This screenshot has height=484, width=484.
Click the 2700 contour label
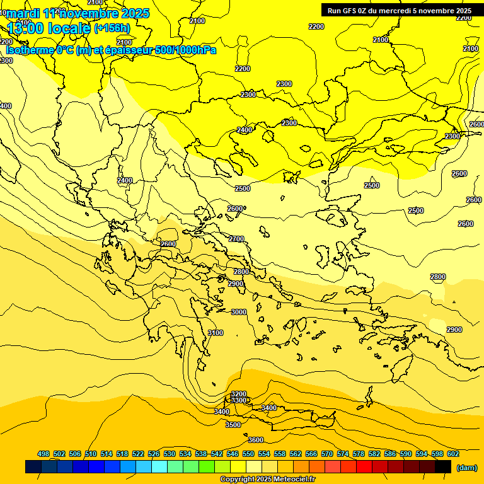[236, 239]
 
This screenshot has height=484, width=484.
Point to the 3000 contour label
[239, 312]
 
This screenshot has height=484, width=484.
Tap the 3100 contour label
[216, 333]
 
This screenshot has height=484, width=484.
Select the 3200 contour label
[239, 394]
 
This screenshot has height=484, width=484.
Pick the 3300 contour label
[239, 401]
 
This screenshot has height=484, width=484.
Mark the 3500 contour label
[233, 425]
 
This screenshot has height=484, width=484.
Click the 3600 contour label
[256, 440]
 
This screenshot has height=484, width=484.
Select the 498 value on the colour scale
[43, 454]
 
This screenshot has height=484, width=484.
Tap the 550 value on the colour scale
[248, 454]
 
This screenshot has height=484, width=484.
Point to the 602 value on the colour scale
[453, 454]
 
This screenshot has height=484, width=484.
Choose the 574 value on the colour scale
[343, 454]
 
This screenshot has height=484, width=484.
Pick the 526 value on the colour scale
[154, 454]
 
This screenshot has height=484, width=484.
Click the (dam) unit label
[466, 468]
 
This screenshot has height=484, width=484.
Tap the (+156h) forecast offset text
[112, 28]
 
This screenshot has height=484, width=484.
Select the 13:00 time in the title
[30, 28]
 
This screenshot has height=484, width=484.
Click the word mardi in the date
[23, 13]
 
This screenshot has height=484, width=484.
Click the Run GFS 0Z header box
[399, 10]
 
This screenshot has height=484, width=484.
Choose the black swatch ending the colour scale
[443, 466]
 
